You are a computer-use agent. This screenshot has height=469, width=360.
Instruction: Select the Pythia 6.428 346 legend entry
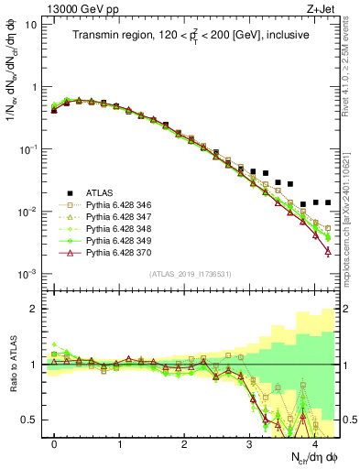pos(117,207)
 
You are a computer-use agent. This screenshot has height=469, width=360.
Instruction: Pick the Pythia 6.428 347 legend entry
pos(117,221)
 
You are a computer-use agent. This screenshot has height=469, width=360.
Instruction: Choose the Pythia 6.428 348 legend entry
pos(117,234)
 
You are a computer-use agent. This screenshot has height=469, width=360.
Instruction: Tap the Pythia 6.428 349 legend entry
pos(117,248)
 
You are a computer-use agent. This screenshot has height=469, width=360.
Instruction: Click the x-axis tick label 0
pos(54,443)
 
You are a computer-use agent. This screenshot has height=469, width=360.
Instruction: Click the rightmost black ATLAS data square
pos(328,202)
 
